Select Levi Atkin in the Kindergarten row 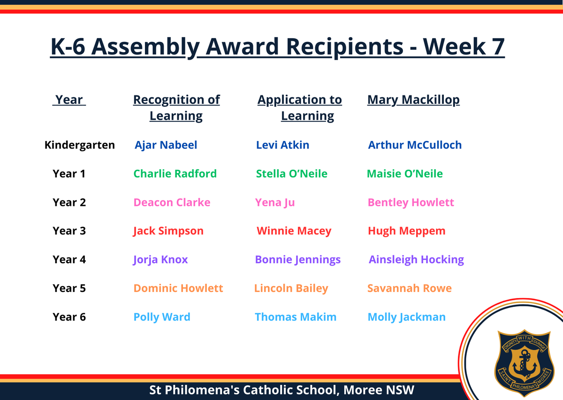(x=282, y=145)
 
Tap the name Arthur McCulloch (x=415, y=145)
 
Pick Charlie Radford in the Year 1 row (x=175, y=174)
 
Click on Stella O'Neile (x=291, y=174)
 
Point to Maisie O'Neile (x=404, y=174)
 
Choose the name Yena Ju (x=275, y=203)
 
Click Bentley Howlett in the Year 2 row (x=411, y=203)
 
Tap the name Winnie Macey (x=294, y=231)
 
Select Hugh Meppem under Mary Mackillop (x=406, y=231)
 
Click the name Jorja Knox (x=160, y=260)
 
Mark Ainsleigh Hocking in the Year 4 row (x=416, y=260)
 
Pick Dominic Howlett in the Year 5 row (x=178, y=288)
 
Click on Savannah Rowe (x=410, y=288)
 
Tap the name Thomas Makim (x=296, y=317)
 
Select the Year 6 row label (x=69, y=317)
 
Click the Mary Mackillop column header (x=413, y=100)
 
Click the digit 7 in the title (x=497, y=47)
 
